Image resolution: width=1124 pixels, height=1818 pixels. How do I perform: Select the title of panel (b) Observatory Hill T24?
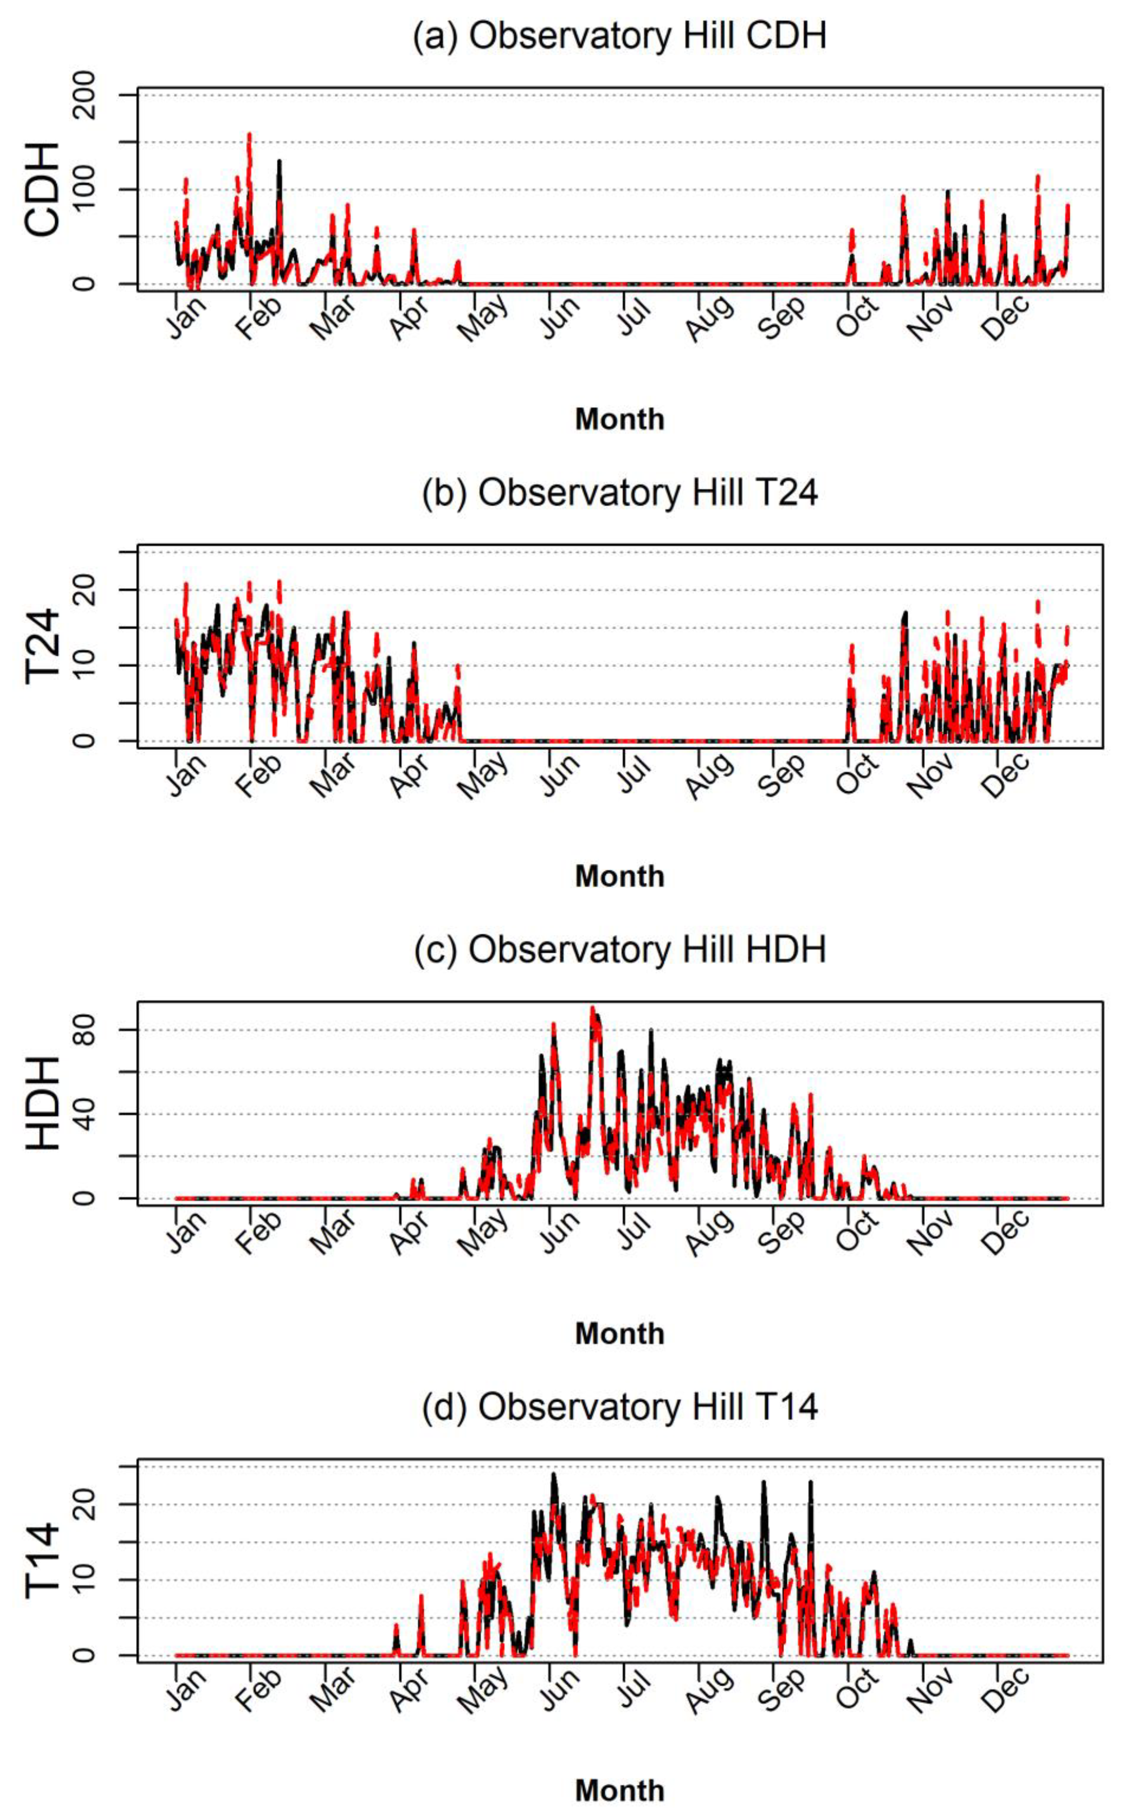pyautogui.click(x=619, y=493)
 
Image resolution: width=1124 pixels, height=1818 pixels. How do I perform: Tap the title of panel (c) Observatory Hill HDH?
pyautogui.click(x=619, y=950)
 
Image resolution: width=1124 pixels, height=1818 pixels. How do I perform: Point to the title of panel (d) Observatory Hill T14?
pyautogui.click(x=619, y=1407)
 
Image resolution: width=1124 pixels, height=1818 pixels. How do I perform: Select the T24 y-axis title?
pyautogui.click(x=42, y=645)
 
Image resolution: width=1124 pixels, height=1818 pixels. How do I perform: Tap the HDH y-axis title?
pyautogui.click(x=42, y=1103)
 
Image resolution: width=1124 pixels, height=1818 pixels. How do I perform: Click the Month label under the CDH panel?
pyautogui.click(x=619, y=419)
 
